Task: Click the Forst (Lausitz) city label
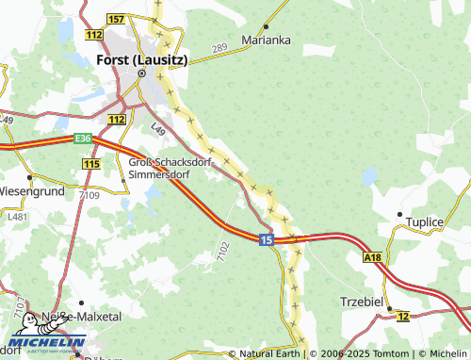(x=142, y=58)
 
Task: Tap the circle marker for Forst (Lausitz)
(x=142, y=73)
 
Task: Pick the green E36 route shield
(x=85, y=139)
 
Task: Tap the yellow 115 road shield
(x=91, y=164)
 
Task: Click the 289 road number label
(x=219, y=47)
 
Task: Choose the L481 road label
(x=18, y=217)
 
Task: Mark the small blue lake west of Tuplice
(x=368, y=175)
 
